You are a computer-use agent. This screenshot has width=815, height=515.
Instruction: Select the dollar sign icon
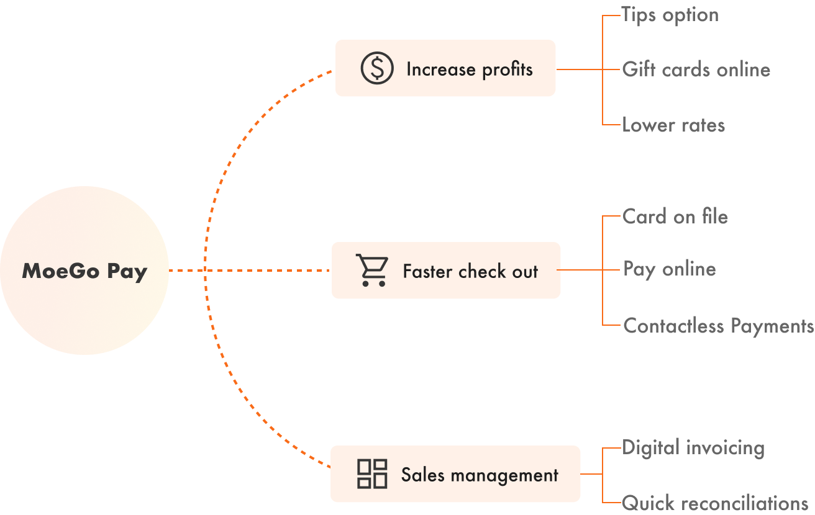[x=377, y=68]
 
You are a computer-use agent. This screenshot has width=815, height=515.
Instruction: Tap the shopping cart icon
[x=371, y=270]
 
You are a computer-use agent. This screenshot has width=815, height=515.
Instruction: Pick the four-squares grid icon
[x=372, y=474]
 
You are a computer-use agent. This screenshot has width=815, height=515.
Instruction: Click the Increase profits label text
[x=469, y=69]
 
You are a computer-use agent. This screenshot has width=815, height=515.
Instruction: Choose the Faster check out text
[x=470, y=271]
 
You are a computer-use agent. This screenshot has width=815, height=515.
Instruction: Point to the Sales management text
[x=480, y=475]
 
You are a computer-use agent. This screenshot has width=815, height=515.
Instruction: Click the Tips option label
[x=670, y=15]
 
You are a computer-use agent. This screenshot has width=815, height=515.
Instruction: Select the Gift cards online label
[x=696, y=69]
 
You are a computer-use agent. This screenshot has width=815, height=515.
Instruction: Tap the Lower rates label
[x=673, y=125]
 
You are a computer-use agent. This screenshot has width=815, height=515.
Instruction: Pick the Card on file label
[x=675, y=217]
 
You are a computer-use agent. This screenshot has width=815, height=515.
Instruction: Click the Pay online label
[x=670, y=269]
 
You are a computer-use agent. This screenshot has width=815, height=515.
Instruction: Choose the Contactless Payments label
[x=718, y=326]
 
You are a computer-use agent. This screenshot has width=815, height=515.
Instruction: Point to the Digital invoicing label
[x=693, y=447]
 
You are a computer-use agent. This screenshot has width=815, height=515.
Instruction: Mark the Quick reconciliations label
[x=715, y=502]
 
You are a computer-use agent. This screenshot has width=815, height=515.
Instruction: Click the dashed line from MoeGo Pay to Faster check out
[x=248, y=271]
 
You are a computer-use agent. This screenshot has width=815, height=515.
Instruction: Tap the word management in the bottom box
[x=504, y=476]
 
